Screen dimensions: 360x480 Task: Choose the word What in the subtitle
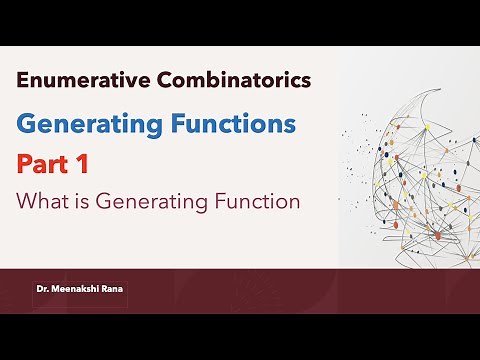tap(40, 200)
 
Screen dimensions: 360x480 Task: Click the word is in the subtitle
tap(80, 200)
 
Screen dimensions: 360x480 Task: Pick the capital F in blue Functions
tap(184, 125)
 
